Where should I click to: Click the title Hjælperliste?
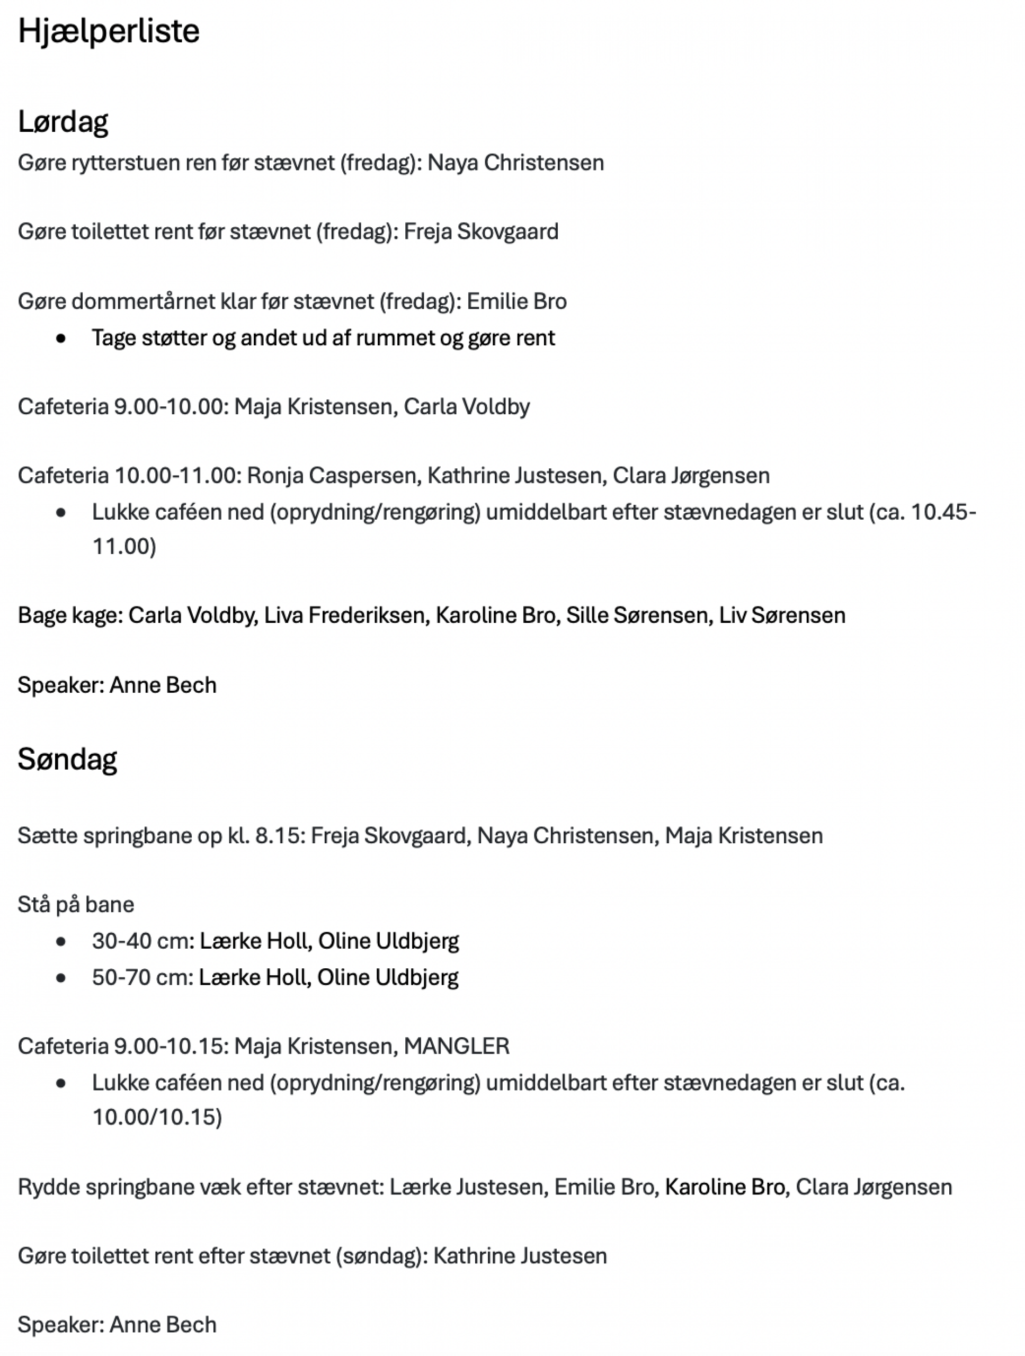(109, 31)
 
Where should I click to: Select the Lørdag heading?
(63, 121)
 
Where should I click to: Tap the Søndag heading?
(67, 759)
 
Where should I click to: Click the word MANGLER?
(456, 1046)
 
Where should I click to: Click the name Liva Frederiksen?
(344, 615)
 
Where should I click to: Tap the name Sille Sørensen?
(636, 615)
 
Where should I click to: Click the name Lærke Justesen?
(466, 1187)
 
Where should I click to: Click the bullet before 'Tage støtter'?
(61, 338)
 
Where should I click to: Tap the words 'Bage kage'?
(69, 615)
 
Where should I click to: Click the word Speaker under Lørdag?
(60, 685)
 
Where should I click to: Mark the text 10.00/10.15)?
(157, 1117)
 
